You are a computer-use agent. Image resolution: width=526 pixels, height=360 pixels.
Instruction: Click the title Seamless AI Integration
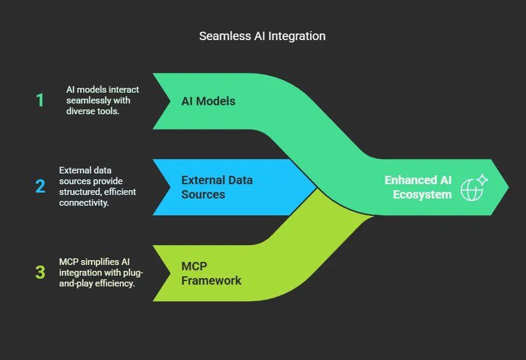[x=262, y=36]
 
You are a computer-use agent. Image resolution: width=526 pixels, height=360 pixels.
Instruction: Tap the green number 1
[x=40, y=100]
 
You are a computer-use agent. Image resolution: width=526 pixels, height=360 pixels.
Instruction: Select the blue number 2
[x=40, y=186]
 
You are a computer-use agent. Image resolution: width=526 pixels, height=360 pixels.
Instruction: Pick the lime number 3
[x=40, y=272]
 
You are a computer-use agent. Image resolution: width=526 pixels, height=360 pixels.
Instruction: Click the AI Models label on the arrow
[x=208, y=101]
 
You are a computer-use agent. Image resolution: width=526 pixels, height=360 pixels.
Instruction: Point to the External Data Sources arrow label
[x=217, y=187]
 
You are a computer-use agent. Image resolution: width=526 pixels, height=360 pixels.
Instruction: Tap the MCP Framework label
[x=211, y=273]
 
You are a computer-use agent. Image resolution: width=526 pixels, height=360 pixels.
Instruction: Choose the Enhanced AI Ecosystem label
[x=418, y=187]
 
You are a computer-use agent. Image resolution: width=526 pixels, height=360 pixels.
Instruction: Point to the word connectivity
[x=84, y=203]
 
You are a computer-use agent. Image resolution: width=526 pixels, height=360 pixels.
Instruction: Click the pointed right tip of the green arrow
[x=508, y=187]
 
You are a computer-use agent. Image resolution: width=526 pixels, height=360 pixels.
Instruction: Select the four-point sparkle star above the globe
[x=482, y=179]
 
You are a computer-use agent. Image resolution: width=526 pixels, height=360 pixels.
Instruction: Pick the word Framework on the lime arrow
[x=211, y=280]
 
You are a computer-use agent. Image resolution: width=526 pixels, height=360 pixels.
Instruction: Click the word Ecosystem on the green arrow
[x=422, y=194]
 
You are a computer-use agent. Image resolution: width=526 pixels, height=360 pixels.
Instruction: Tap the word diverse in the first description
[x=79, y=111]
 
